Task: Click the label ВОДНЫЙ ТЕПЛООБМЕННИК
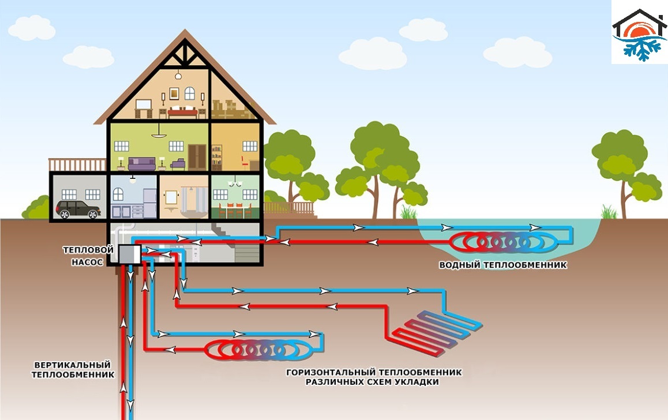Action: pos(502,265)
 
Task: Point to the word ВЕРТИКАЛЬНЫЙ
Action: pos(72,365)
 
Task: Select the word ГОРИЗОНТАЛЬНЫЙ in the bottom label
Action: pos(325,372)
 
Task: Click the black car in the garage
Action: pos(78,209)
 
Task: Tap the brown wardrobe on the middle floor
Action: pos(197,156)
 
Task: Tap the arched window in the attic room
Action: pos(190,93)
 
